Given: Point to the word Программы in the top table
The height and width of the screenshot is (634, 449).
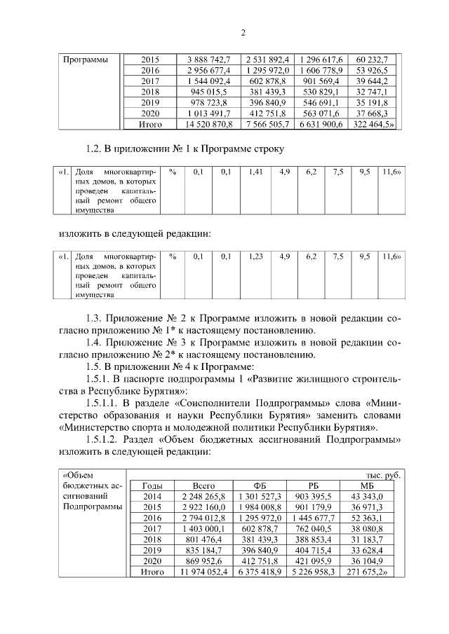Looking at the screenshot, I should (86, 60).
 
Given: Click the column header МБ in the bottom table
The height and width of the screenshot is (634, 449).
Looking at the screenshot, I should (367, 485).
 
